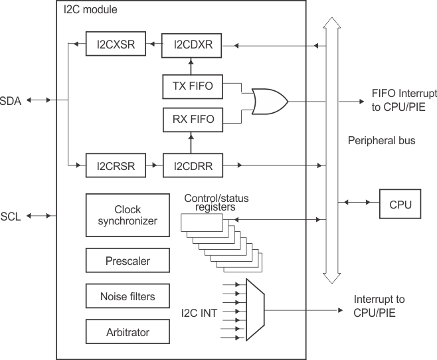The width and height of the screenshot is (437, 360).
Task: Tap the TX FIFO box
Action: [192, 86]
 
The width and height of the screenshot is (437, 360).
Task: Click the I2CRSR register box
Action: [115, 166]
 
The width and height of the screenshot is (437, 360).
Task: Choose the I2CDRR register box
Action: [192, 166]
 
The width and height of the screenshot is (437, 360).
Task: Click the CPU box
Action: [399, 204]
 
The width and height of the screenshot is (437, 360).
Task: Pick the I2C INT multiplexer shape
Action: [256, 310]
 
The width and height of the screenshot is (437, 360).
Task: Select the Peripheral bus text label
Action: [381, 141]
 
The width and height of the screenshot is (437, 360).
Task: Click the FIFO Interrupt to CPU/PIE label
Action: [405, 100]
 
